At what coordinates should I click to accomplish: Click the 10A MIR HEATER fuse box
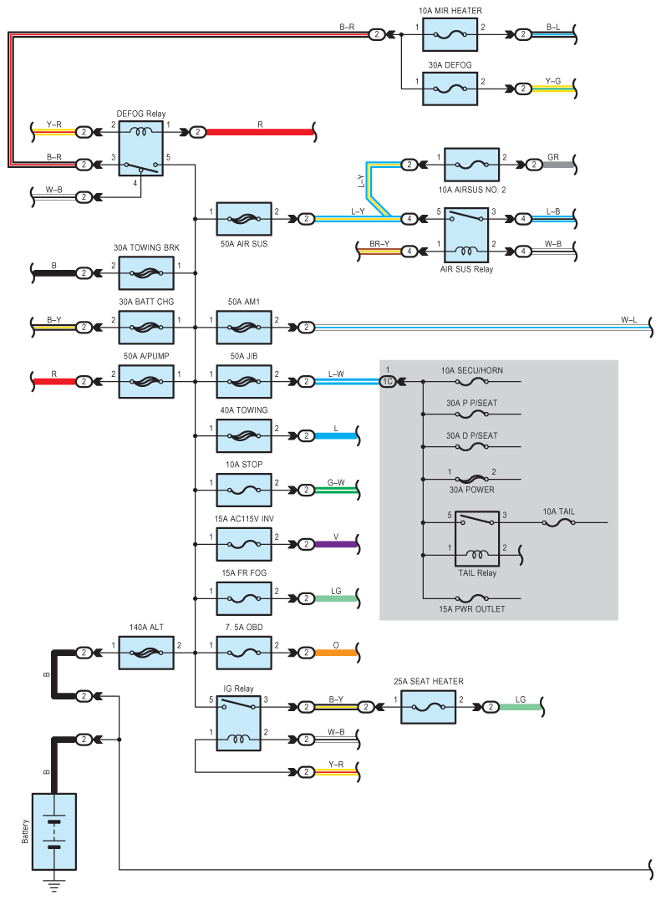pos(450,34)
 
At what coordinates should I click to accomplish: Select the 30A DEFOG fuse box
pos(450,89)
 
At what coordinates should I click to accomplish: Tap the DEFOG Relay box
pos(141,149)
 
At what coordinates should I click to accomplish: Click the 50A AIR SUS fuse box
pos(244,219)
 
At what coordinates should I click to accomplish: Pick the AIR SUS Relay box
pos(466,235)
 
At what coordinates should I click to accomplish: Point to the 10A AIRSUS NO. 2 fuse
pos(471,165)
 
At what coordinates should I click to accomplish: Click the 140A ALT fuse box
pos(146,653)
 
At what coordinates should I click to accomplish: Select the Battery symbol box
pos(54,831)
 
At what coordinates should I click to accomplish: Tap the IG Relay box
pos(239,723)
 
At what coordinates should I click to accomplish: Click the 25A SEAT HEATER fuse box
pos(428,707)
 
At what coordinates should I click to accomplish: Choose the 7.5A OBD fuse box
pos(244,653)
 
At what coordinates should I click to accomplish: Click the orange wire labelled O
pos(336,653)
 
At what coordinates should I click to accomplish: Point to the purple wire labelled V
pos(336,544)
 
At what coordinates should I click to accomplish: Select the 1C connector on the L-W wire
pos(388,381)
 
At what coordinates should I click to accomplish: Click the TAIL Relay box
pos(477,539)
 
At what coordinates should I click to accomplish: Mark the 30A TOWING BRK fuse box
pos(146,273)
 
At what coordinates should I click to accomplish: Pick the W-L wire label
pos(629,320)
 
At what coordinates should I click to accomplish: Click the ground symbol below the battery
pos(54,884)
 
